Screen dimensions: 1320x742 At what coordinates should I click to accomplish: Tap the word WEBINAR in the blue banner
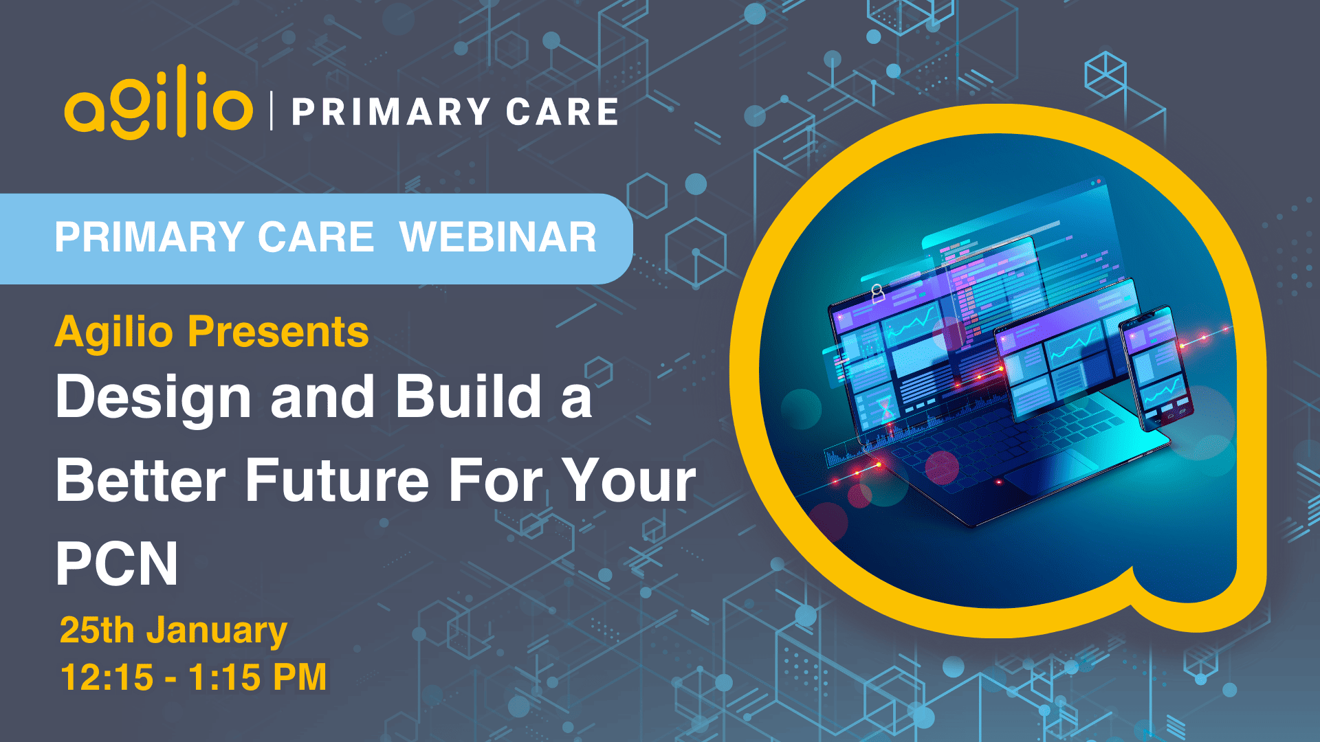click(498, 237)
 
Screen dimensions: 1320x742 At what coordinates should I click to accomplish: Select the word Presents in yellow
click(278, 332)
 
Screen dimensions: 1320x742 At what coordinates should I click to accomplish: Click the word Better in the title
click(141, 480)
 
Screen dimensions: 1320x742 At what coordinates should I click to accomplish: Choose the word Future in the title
click(337, 480)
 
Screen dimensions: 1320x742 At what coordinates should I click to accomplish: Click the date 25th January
click(173, 631)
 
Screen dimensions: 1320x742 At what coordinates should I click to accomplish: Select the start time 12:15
click(107, 677)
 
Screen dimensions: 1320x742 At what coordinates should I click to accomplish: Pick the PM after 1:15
click(300, 677)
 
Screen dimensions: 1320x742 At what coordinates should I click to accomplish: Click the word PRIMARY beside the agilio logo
click(391, 112)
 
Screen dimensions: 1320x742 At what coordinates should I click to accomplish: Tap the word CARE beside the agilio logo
click(562, 112)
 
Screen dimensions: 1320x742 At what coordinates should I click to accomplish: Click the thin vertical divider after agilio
click(272, 111)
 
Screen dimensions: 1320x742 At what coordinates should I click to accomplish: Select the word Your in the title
click(628, 480)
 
